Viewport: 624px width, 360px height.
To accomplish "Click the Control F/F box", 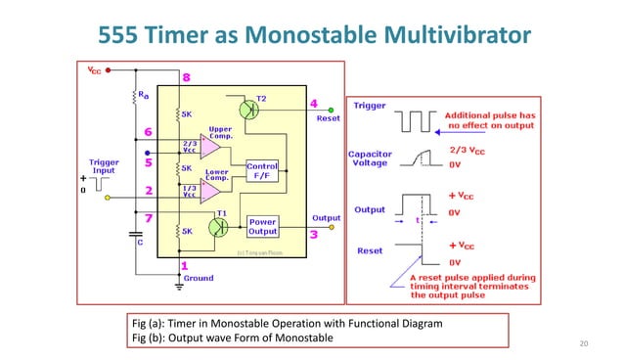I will (263, 171).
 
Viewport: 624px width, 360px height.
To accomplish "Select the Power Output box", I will (263, 227).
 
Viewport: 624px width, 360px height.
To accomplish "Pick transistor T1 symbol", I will (220, 226).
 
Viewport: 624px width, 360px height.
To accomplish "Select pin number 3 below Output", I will (313, 235).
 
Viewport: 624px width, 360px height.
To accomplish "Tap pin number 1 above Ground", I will (185, 264).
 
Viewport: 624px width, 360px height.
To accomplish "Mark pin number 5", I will (148, 164).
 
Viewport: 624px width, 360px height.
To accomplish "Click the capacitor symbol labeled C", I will (135, 234).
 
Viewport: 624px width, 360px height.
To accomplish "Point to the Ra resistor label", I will (144, 95).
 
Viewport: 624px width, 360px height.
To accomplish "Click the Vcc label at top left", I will (94, 70).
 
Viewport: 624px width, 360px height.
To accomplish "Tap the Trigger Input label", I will (105, 166).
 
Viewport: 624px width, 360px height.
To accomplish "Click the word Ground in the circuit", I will (199, 278).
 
